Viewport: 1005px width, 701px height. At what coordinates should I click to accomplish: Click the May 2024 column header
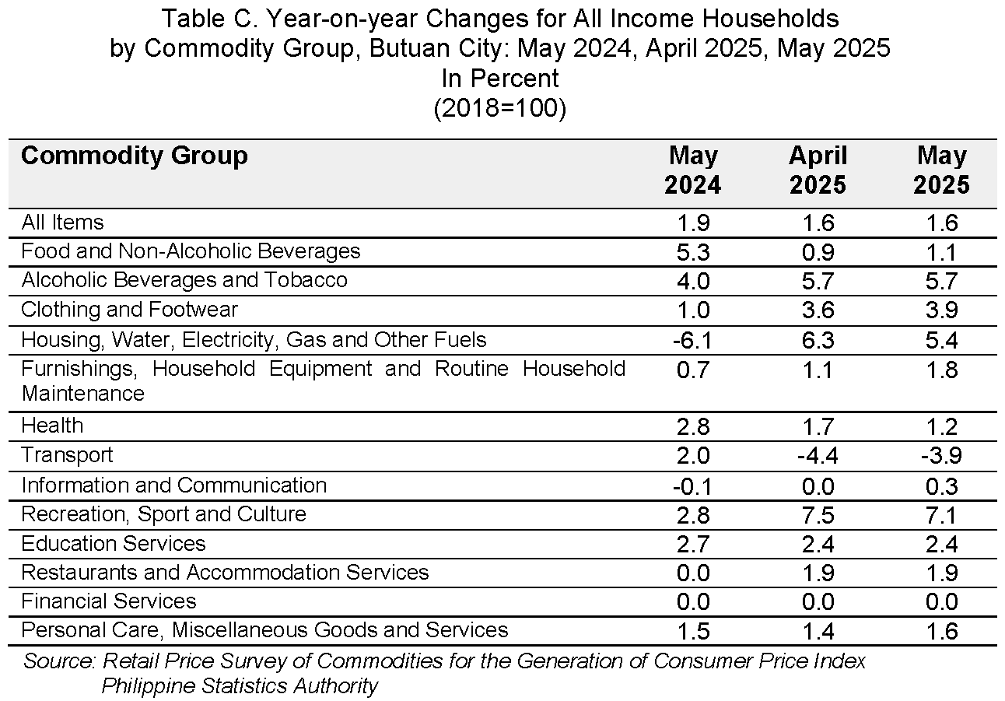693,170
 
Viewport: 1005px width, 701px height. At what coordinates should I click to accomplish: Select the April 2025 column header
818,170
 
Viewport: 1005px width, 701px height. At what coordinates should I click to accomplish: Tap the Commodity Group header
134,156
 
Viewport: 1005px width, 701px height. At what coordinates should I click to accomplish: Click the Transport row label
68,455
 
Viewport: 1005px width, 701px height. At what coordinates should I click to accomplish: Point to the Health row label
52,425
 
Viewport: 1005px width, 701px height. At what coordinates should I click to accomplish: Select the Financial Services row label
109,601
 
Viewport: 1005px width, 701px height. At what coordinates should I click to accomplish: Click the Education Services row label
114,544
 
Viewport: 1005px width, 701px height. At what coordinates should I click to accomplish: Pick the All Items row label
62,223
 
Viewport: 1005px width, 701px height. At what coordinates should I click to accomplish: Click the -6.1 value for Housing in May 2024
692,341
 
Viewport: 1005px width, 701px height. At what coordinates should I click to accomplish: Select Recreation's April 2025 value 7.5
818,515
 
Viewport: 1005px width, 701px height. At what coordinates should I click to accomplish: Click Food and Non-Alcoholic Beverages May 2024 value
693,252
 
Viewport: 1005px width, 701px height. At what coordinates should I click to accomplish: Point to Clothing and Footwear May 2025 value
942,310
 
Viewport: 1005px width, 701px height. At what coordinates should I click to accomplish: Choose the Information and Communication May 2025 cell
942,486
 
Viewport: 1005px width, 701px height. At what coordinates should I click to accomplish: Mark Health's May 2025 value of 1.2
942,426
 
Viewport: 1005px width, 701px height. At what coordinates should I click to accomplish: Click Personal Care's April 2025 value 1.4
818,632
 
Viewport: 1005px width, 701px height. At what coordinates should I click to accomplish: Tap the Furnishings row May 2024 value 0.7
693,370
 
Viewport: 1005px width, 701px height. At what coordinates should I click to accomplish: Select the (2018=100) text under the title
500,108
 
